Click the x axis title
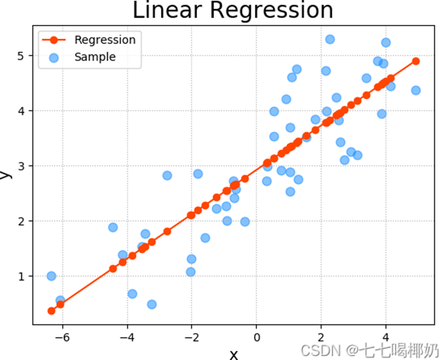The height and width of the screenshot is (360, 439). [233, 354]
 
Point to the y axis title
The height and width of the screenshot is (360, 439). [5, 174]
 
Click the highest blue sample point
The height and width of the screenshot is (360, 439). [330, 39]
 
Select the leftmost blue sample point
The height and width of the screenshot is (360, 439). [51, 276]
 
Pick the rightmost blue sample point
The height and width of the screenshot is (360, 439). [416, 91]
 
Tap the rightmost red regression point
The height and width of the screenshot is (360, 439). [416, 61]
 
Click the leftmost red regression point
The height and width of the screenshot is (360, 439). [51, 311]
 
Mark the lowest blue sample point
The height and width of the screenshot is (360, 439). [152, 304]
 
